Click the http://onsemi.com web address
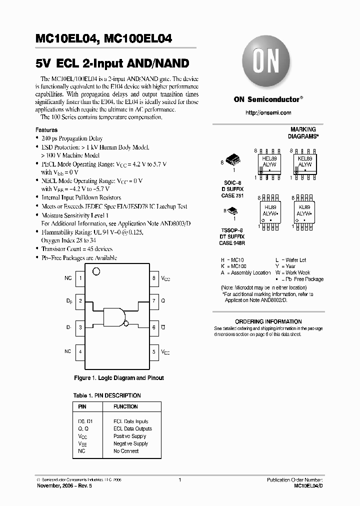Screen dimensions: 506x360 (x=268, y=113)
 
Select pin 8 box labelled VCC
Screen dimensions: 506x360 (x=154, y=277)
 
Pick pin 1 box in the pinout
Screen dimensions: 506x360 (x=80, y=277)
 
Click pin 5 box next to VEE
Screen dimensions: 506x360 (x=154, y=351)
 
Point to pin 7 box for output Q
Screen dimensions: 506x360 (x=154, y=301)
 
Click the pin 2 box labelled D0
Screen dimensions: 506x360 (x=80, y=301)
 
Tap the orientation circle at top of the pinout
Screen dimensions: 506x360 (x=97, y=271)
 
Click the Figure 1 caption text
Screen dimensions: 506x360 (x=118, y=378)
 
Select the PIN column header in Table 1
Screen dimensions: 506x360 (x=83, y=406)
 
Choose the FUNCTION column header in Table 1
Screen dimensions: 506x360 (x=125, y=406)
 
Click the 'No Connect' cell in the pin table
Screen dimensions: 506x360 (x=126, y=451)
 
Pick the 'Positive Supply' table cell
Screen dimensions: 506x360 (x=130, y=436)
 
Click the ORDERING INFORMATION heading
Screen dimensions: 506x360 (x=268, y=321)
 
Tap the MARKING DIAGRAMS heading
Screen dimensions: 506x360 (x=303, y=132)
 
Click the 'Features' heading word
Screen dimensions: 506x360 (x=46, y=130)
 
